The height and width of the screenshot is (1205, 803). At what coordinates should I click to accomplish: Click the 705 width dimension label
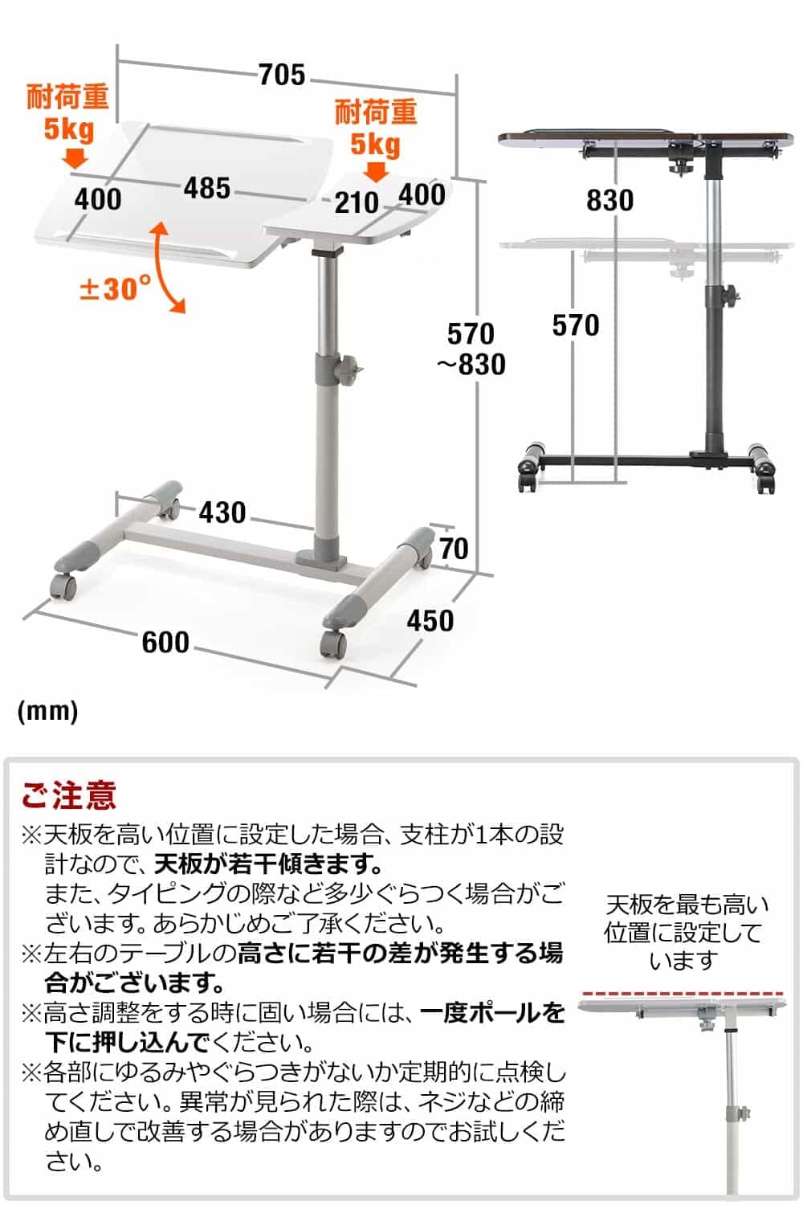tap(283, 75)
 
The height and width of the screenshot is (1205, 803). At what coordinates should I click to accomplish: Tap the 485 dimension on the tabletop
tap(207, 188)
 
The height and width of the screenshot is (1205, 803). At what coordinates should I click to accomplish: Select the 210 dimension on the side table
tap(357, 202)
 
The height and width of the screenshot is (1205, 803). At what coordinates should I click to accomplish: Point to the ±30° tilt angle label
tap(114, 288)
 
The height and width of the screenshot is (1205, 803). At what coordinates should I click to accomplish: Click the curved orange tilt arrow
tap(166, 268)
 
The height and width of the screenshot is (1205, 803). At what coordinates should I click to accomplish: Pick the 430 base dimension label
tap(222, 512)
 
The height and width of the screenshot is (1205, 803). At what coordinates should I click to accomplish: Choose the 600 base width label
tap(165, 642)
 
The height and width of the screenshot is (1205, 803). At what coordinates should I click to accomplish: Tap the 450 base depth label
tap(430, 620)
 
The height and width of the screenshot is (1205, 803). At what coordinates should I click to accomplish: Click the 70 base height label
tap(454, 549)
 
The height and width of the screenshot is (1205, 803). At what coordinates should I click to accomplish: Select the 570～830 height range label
tap(471, 349)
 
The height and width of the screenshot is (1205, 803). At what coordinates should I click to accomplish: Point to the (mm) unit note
tap(47, 710)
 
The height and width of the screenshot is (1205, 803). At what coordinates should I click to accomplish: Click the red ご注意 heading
tap(69, 795)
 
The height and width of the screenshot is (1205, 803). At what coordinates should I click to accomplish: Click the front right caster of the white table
tap(333, 643)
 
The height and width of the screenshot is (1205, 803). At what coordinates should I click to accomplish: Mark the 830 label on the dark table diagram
tap(609, 200)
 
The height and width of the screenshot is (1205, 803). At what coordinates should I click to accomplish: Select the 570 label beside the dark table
tap(575, 325)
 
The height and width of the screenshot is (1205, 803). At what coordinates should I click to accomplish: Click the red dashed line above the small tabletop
tap(682, 994)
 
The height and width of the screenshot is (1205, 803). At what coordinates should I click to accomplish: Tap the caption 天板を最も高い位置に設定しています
tap(685, 932)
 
